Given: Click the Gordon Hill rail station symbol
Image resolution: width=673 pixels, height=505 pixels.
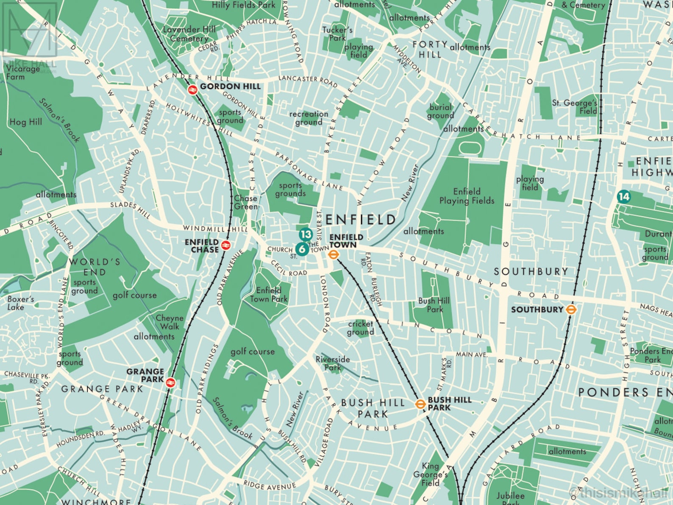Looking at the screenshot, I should tap(193, 89).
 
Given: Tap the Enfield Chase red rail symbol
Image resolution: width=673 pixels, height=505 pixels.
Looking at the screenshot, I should tap(226, 245).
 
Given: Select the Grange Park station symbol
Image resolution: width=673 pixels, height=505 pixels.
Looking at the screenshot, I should tap(170, 382).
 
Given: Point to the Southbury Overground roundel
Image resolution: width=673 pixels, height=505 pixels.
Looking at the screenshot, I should tap(571, 310).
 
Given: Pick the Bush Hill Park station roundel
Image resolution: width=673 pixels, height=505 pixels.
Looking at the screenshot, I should tap(420, 404).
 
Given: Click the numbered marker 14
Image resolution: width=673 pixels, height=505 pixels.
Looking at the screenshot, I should tap(623, 196).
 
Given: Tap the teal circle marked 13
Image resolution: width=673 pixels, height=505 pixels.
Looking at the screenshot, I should tap(306, 234).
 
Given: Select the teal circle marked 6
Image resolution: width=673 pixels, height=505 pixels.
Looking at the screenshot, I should tap(302, 249).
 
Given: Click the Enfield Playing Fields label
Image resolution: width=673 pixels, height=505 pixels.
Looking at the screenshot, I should tap(467, 196).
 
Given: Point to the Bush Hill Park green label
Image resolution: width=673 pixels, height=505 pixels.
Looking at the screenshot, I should tap(434, 305).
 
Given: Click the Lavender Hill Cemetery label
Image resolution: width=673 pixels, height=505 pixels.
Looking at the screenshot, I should tap(189, 34).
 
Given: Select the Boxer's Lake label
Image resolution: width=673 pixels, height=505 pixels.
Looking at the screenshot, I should tap(20, 303).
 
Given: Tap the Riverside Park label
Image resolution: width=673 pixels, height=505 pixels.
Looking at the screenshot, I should tap(333, 363).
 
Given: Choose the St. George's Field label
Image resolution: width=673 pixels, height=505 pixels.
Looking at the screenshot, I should tap(575, 107).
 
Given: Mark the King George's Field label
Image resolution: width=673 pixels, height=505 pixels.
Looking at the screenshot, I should tap(430, 474).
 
